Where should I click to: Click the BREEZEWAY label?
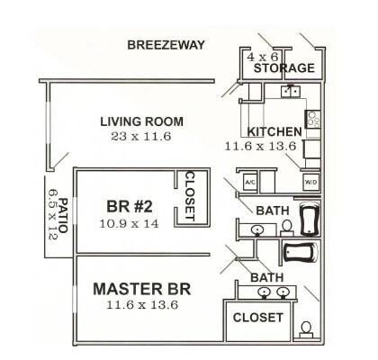pos(166,45)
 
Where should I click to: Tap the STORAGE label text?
pos(283,68)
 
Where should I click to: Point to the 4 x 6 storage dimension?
pos(263,56)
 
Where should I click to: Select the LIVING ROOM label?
pos(142,121)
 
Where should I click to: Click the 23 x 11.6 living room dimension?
pos(142,136)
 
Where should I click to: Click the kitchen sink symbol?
pos(290,91)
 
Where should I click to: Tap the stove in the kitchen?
pos(313,117)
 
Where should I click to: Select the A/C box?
pos(250,183)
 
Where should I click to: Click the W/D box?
pos(310,183)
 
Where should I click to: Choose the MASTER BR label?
pos(141,290)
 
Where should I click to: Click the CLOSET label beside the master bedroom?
pos(258,318)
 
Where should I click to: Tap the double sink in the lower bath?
pos(274,292)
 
